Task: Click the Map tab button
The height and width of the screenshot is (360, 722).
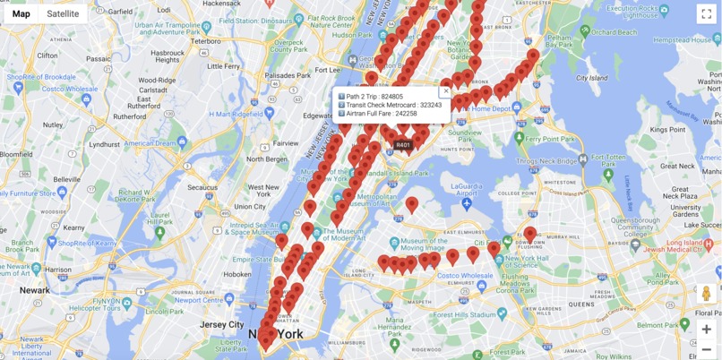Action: pos(21,13)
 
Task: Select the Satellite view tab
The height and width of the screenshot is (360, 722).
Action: pos(63,13)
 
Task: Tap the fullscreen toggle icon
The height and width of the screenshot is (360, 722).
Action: pos(706,13)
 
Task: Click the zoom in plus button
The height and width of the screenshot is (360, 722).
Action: pos(706,329)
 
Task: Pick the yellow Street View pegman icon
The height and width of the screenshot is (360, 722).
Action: pos(706,294)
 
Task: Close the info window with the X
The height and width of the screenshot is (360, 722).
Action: pos(446,91)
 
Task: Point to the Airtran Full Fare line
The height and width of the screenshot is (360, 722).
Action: pos(381,114)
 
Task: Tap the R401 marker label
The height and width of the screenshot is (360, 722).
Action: pos(403,145)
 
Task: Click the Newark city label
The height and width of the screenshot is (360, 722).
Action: pos(35,290)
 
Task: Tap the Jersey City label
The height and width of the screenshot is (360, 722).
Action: pos(222,324)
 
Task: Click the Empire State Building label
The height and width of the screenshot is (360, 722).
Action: pos(254,260)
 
